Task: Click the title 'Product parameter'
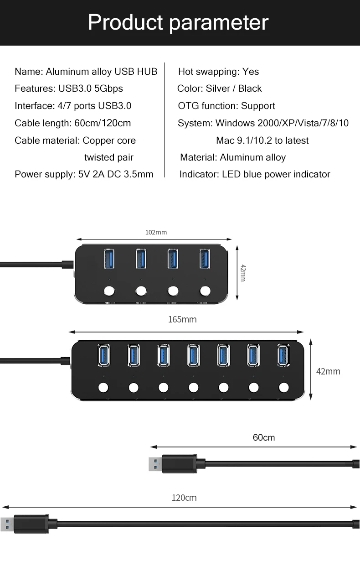pos(178,22)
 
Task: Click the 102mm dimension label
pos(156,232)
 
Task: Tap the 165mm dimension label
pos(182,319)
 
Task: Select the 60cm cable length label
pos(264,437)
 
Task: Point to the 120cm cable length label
pos(184,498)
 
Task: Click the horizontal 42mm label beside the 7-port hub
pos(328,371)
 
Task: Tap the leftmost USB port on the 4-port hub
pos(109,259)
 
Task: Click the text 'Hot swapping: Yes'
pos(218,72)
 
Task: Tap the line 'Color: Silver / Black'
pos(219,88)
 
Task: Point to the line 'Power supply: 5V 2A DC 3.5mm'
pos(84,174)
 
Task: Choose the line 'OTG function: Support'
pos(226,106)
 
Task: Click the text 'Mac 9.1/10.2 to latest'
pos(262,140)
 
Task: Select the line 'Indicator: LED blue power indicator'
pos(255,174)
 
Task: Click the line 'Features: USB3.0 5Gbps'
pos(69,88)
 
